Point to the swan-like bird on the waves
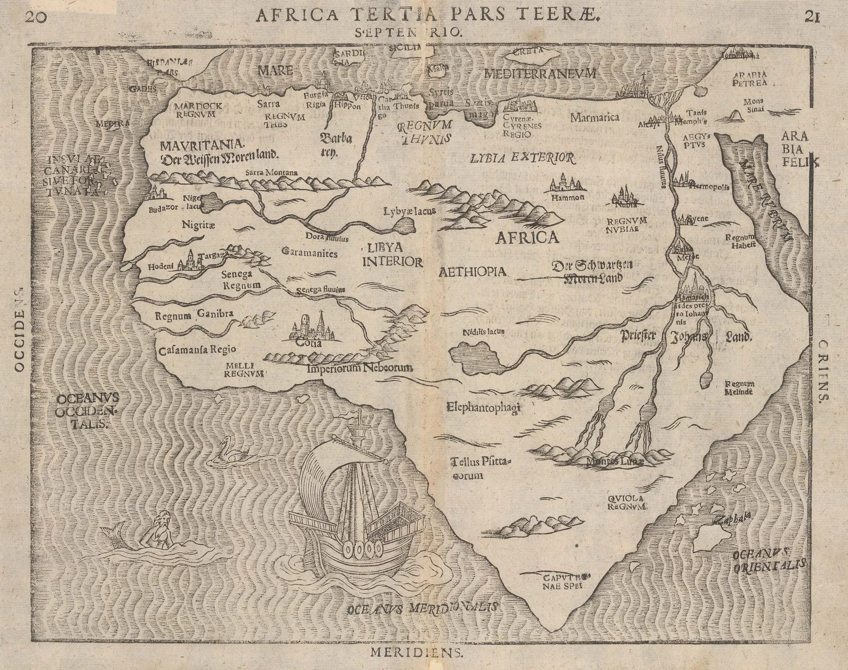point(233,448)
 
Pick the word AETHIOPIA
point(473,272)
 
